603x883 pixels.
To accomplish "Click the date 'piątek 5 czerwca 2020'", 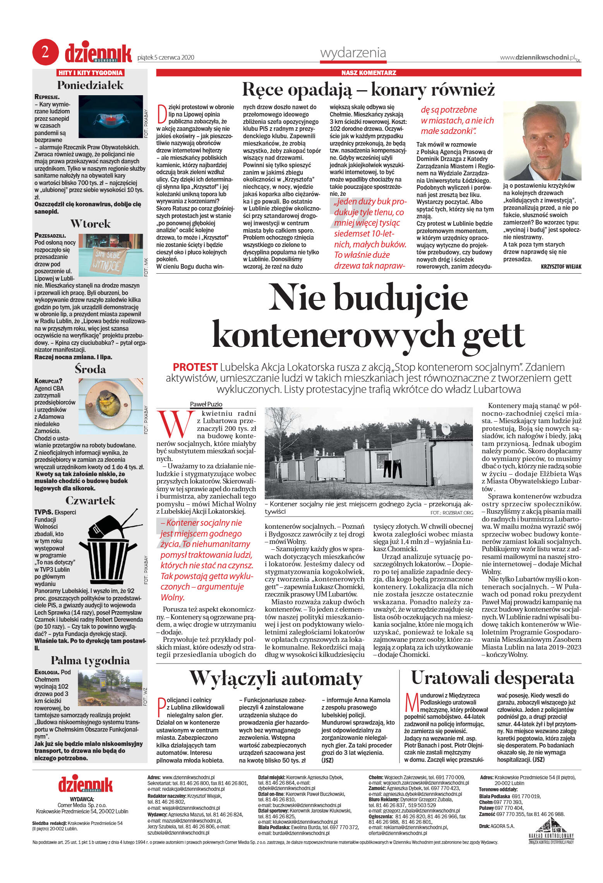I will coord(166,58).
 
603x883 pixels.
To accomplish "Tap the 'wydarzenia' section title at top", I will coord(353,53).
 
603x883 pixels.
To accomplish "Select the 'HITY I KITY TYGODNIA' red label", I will coord(90,73).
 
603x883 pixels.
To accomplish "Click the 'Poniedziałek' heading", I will coord(90,85).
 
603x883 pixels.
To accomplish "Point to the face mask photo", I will coord(111,117).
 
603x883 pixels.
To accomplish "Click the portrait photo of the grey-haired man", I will coord(542,141).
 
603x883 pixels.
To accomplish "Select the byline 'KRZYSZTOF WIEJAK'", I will coord(561,267).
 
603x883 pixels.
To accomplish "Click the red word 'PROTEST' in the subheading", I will coord(195,367).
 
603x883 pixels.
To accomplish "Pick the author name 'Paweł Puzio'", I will coord(206,404).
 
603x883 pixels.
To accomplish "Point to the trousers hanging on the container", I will coord(392,468).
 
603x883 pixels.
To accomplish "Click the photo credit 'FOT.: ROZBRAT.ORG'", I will coord(451,513).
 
